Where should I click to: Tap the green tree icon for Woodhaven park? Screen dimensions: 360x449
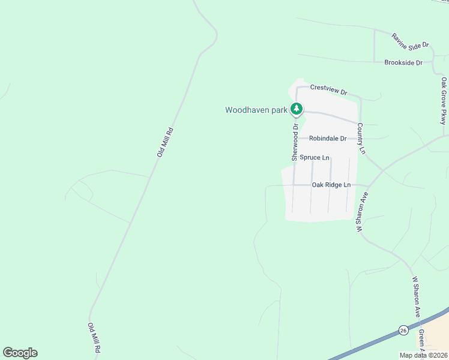point(296,109)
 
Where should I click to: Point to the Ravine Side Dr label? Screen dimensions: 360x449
point(411,40)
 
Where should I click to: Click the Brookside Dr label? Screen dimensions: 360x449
point(403,62)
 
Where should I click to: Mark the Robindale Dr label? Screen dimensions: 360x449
point(328,139)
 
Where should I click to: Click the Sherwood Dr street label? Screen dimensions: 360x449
point(295,142)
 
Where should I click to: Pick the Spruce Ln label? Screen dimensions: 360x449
point(315,158)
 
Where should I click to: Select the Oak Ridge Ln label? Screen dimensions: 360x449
point(331,185)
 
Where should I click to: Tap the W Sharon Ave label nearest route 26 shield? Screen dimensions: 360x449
point(415,296)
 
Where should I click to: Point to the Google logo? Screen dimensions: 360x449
point(20,353)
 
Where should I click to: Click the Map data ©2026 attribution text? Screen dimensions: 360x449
point(423,355)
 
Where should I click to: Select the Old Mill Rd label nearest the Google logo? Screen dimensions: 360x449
point(94,337)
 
